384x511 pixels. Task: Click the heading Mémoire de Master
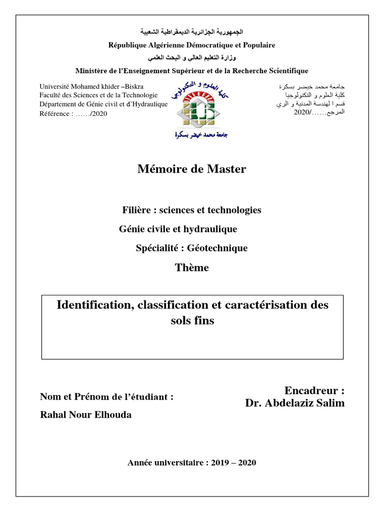[191, 169]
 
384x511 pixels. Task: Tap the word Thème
[191, 267]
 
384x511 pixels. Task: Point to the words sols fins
[192, 320]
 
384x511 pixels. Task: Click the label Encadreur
[314, 390]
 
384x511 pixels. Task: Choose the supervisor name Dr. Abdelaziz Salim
[294, 403]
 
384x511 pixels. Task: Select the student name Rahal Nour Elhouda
[85, 415]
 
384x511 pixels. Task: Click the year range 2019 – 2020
[232, 463]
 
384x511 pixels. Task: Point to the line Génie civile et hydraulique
[178, 229]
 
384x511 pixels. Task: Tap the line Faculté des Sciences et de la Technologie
[98, 95]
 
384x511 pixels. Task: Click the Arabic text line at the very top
[192, 32]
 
